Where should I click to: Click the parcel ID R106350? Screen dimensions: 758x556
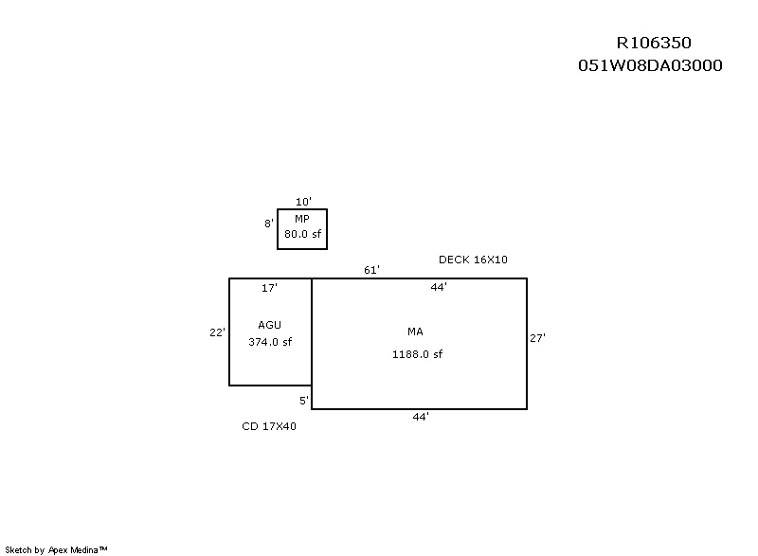point(654,43)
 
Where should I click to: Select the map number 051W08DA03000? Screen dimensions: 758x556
point(650,65)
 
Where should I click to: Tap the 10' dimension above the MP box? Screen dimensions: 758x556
point(303,202)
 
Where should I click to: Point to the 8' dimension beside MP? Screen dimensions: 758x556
point(269,224)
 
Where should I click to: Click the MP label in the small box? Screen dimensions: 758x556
point(302,219)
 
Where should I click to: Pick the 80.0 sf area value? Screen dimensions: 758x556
point(302,234)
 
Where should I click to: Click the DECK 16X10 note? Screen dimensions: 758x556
point(473,260)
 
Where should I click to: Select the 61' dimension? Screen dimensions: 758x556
point(371,270)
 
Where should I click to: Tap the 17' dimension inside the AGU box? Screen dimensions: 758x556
point(269,288)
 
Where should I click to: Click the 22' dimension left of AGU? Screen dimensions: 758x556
point(217,332)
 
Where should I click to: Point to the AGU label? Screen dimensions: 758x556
point(269,325)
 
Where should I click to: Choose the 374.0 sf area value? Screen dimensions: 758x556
point(270,342)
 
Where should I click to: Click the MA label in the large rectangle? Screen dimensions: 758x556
point(415,332)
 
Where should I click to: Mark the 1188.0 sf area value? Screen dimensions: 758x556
point(417,354)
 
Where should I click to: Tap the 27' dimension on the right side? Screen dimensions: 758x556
point(537,338)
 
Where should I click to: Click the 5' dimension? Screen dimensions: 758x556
point(304,401)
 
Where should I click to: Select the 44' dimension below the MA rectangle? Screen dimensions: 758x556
point(421,417)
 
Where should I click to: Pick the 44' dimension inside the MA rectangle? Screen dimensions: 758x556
point(439,287)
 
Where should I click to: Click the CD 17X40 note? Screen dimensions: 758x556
point(269,426)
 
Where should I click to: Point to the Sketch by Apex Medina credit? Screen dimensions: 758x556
point(56,549)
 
